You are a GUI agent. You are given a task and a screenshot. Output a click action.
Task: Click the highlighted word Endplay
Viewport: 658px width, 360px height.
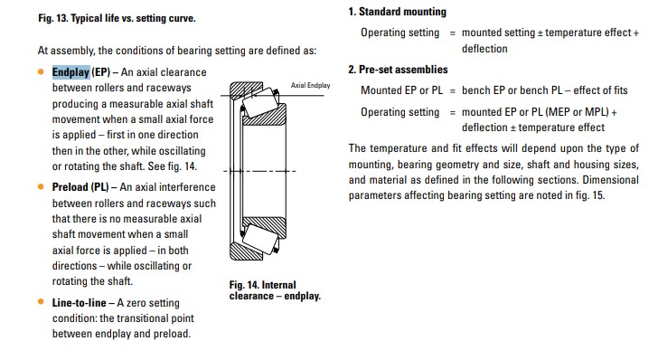[x=70, y=72]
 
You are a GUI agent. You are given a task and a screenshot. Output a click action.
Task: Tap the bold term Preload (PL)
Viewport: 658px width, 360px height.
[x=80, y=187]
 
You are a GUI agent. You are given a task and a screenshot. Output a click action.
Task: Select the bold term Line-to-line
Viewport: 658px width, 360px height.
[x=80, y=302]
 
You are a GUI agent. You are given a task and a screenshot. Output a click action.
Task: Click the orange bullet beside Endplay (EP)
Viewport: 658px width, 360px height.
[x=41, y=71]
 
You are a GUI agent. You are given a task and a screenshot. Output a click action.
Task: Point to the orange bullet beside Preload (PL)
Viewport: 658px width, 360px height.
[x=41, y=186]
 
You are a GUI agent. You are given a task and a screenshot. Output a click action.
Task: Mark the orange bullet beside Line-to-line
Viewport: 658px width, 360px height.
[x=41, y=301]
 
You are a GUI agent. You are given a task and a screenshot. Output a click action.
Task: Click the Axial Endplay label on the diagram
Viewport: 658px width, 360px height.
[x=311, y=85]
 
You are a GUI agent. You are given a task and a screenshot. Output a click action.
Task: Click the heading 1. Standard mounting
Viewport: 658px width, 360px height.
[x=397, y=12]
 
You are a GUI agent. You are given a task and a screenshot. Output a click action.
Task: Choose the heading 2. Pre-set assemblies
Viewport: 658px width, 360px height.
[x=398, y=70]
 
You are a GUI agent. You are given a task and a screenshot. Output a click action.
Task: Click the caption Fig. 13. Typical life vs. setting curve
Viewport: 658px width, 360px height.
[x=117, y=18]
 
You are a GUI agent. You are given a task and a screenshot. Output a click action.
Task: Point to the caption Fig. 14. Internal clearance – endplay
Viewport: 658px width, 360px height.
[x=275, y=290]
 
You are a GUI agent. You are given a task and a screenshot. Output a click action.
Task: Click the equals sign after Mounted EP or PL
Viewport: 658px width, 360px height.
[x=452, y=90]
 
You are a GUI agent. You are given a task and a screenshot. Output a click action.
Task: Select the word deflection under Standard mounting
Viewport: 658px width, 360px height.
[x=484, y=49]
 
